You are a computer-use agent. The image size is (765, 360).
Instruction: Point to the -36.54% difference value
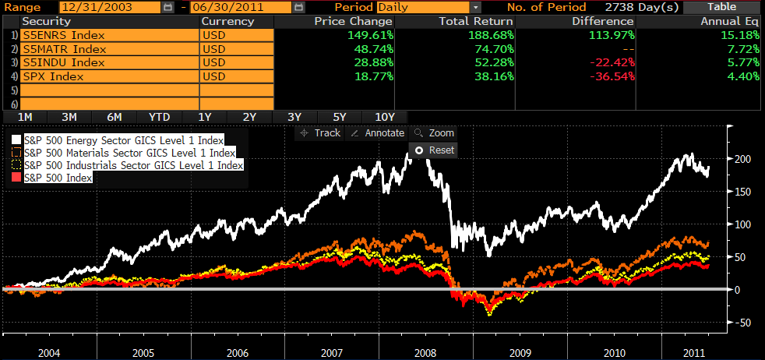(608, 77)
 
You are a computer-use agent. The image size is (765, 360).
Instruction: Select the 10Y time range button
(385, 117)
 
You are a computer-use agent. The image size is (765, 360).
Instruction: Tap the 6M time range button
(115, 117)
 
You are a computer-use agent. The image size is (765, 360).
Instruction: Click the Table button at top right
(721, 7)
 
